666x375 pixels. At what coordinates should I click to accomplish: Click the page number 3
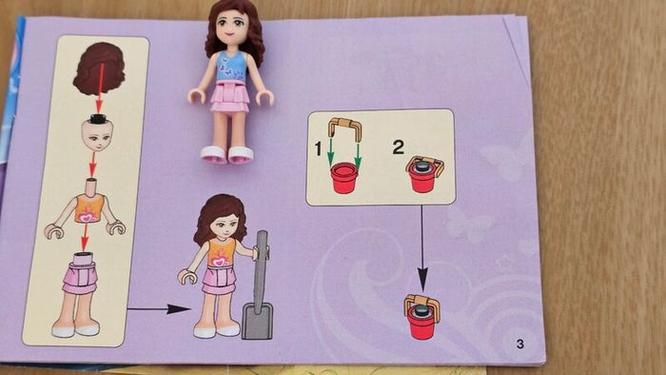point(520,344)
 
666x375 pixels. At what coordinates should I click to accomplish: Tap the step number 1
point(318,149)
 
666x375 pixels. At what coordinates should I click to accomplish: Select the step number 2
point(398,148)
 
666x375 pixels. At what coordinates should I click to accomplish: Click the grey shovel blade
point(258,321)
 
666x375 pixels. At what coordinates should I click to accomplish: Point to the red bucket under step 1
point(344,178)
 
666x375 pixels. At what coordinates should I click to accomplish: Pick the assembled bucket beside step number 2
point(424,174)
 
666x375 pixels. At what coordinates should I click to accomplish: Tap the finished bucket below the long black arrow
point(421,316)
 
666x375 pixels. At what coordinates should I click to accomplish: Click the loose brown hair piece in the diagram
point(99,68)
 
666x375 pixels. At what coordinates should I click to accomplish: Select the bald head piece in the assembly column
point(98,134)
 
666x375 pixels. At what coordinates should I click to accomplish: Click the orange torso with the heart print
point(89,208)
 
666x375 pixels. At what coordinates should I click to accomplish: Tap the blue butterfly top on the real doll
point(231,67)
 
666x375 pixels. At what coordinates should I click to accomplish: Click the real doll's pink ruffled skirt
point(230,98)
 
